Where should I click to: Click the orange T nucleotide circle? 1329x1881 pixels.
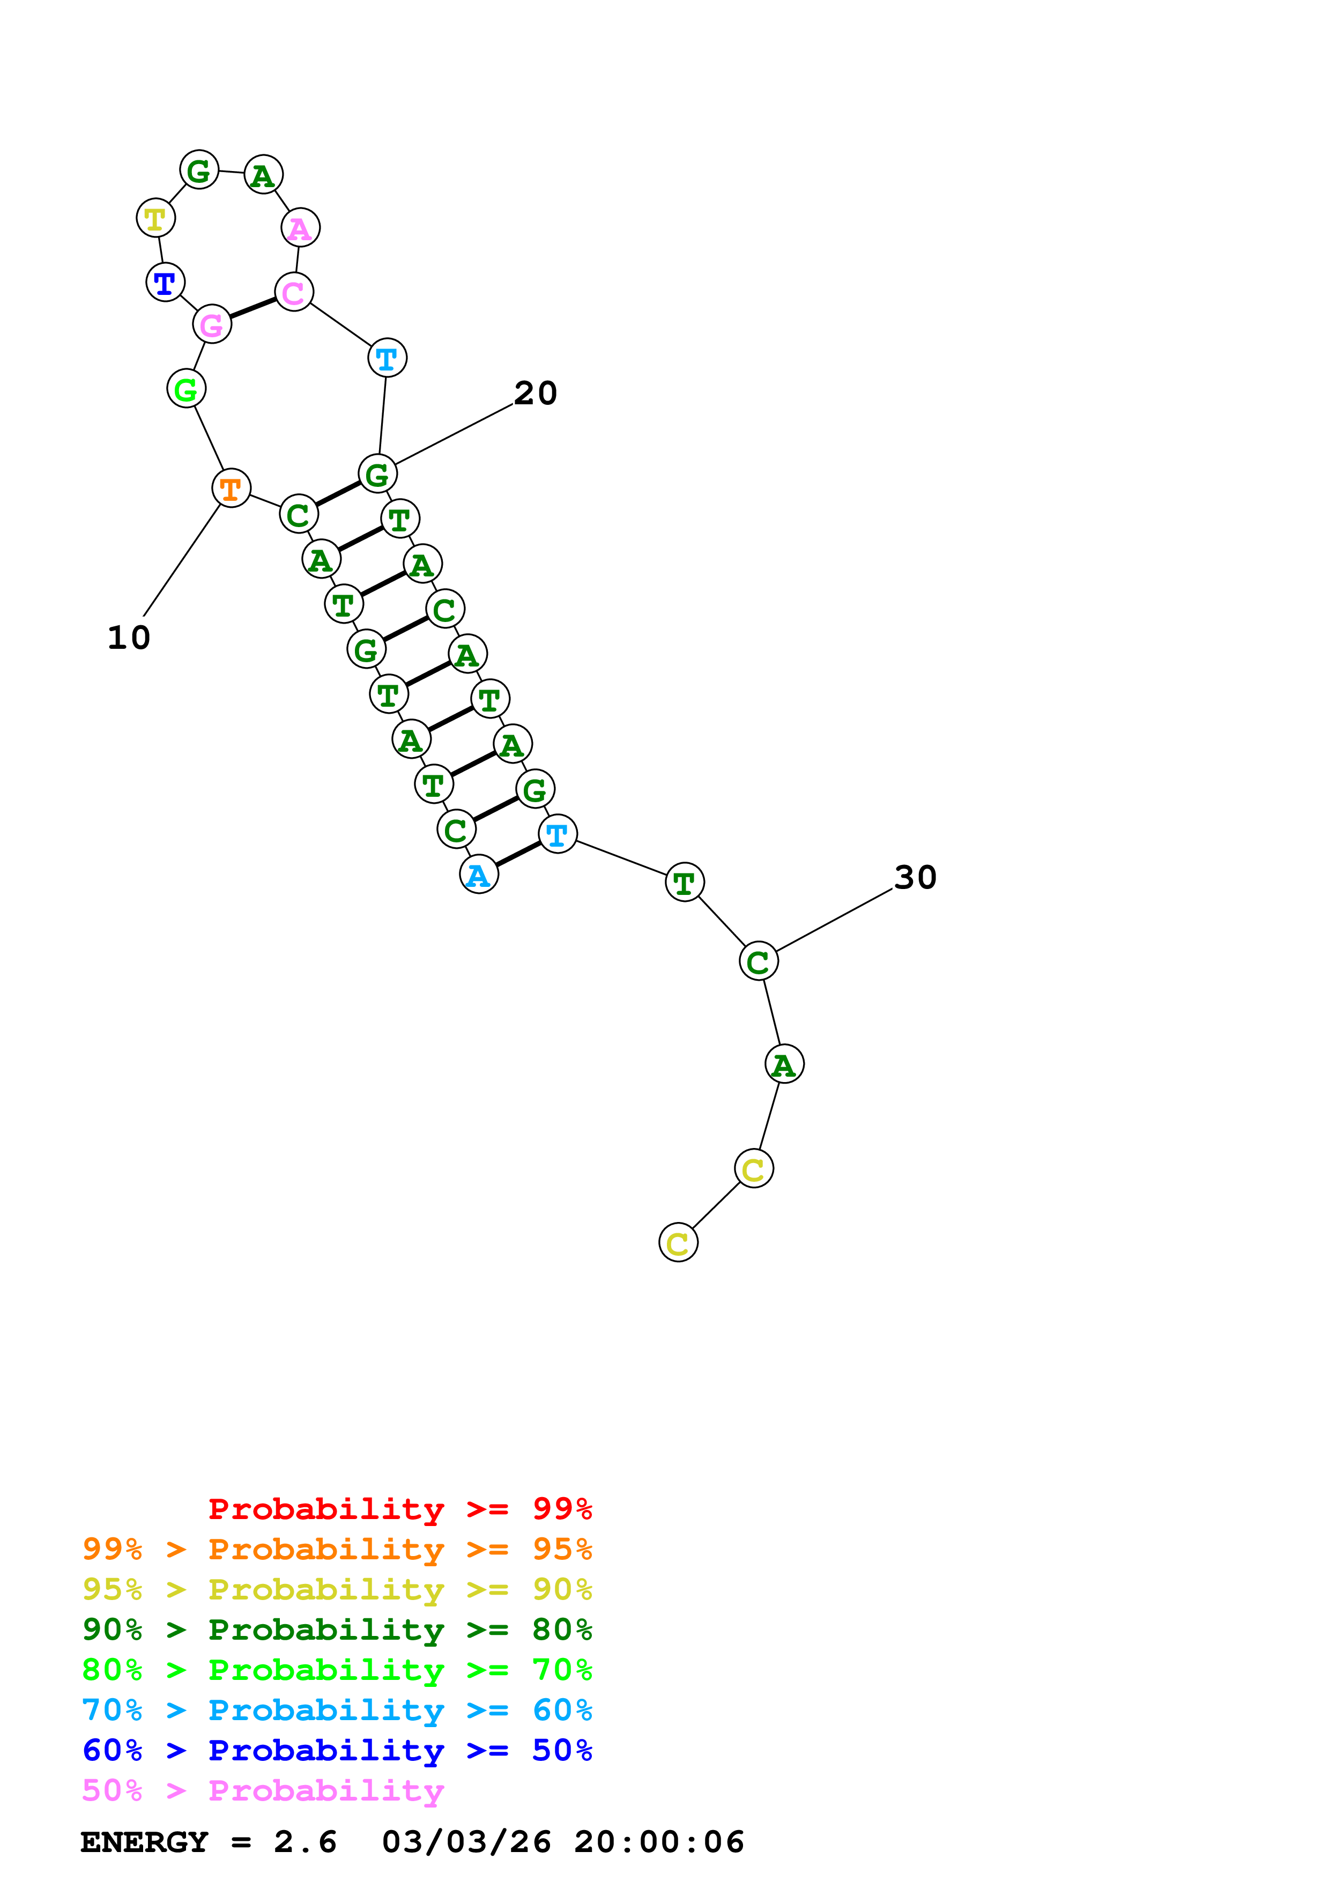pos(231,488)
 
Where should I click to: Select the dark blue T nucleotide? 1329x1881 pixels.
pos(165,283)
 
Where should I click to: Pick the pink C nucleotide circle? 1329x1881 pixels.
pos(294,292)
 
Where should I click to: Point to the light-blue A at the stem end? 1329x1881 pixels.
pos(479,875)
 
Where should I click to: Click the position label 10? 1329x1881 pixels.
pos(129,638)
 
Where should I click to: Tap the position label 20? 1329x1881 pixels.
pos(536,393)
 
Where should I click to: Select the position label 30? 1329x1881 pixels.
pos(915,877)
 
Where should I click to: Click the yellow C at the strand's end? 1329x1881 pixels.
pos(678,1243)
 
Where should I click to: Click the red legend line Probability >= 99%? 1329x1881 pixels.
pos(399,1508)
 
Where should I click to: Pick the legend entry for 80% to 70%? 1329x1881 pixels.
pos(337,1670)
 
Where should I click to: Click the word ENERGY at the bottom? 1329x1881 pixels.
pos(144,1842)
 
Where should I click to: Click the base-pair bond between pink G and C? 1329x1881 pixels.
pos(252,308)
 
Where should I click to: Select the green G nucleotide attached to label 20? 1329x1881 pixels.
pos(377,473)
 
